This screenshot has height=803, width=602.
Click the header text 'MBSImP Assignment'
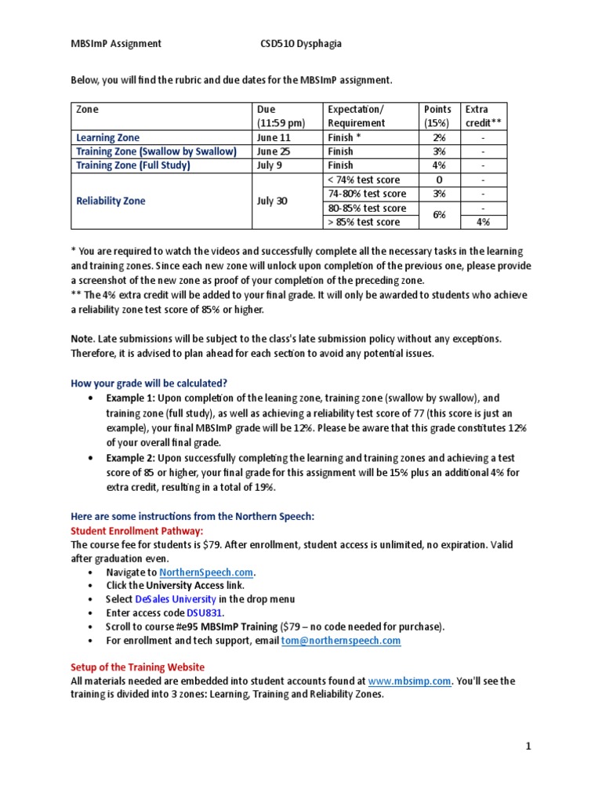click(x=116, y=44)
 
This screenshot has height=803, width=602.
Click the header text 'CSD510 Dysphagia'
click(x=301, y=44)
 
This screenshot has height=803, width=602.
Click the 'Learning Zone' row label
click(x=107, y=138)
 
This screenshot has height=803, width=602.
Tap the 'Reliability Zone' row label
click(x=111, y=201)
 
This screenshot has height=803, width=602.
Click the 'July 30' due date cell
click(x=272, y=201)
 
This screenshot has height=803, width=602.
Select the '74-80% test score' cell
click(x=367, y=194)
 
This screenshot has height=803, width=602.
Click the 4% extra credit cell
click(x=483, y=222)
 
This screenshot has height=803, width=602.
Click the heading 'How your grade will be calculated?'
click(x=149, y=383)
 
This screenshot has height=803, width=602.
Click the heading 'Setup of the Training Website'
click(x=138, y=667)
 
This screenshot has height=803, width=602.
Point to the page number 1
click(x=528, y=747)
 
